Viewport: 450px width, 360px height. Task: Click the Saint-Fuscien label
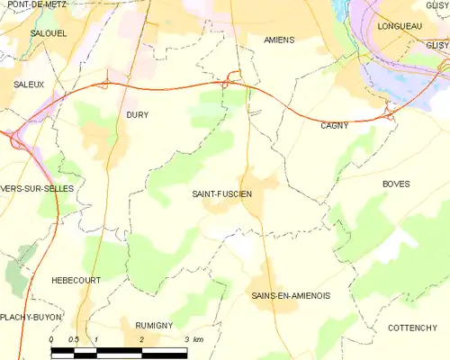[x=222, y=193]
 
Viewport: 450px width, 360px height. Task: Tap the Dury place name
[x=137, y=115]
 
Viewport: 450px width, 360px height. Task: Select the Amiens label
[x=279, y=40]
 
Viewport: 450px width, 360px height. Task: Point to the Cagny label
[x=334, y=126]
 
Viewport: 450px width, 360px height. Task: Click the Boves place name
[x=396, y=184]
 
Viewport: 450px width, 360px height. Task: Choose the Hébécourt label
[x=76, y=280]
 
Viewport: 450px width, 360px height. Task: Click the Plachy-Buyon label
[x=26, y=317]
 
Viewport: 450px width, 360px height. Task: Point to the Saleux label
[x=29, y=84]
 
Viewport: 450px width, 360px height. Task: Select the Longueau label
[x=400, y=26]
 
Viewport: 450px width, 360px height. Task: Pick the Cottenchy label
[x=412, y=327]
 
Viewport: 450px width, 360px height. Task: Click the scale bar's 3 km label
[x=194, y=337]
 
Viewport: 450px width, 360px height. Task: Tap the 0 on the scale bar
[x=52, y=337]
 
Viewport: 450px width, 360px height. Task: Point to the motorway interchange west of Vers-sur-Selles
[x=15, y=139]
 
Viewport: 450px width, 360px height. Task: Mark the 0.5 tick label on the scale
[x=74, y=337]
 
